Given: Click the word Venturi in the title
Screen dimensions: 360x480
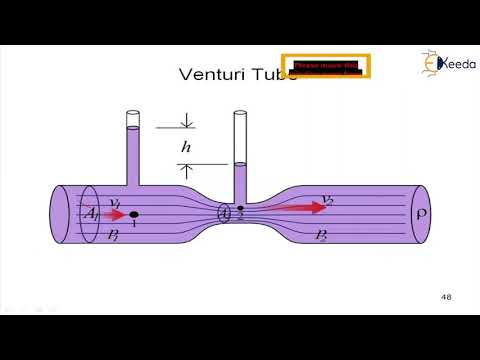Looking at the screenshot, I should coord(207,74).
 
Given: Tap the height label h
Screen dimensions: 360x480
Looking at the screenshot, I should coord(186,146).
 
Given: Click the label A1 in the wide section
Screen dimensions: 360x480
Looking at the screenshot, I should coord(89,214).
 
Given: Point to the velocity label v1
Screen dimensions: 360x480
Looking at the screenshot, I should coord(116,203).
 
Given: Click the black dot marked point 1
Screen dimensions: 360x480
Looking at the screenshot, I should coord(134,214).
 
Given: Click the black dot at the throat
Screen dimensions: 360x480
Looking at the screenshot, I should coord(240,209).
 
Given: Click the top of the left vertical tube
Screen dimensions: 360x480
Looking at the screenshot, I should coord(134,114).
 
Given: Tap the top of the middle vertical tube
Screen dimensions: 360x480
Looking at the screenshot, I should coord(240,114).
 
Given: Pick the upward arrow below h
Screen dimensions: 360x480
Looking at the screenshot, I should coord(186,169).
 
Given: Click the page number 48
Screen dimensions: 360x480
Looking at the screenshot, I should coord(447,297).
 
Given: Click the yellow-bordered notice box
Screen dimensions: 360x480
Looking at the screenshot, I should coord(326,67).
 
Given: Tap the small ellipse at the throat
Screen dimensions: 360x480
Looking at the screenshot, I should coord(227,213).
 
